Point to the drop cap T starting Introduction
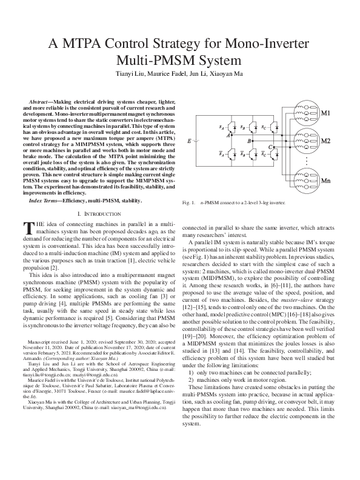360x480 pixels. (x=27, y=228)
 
